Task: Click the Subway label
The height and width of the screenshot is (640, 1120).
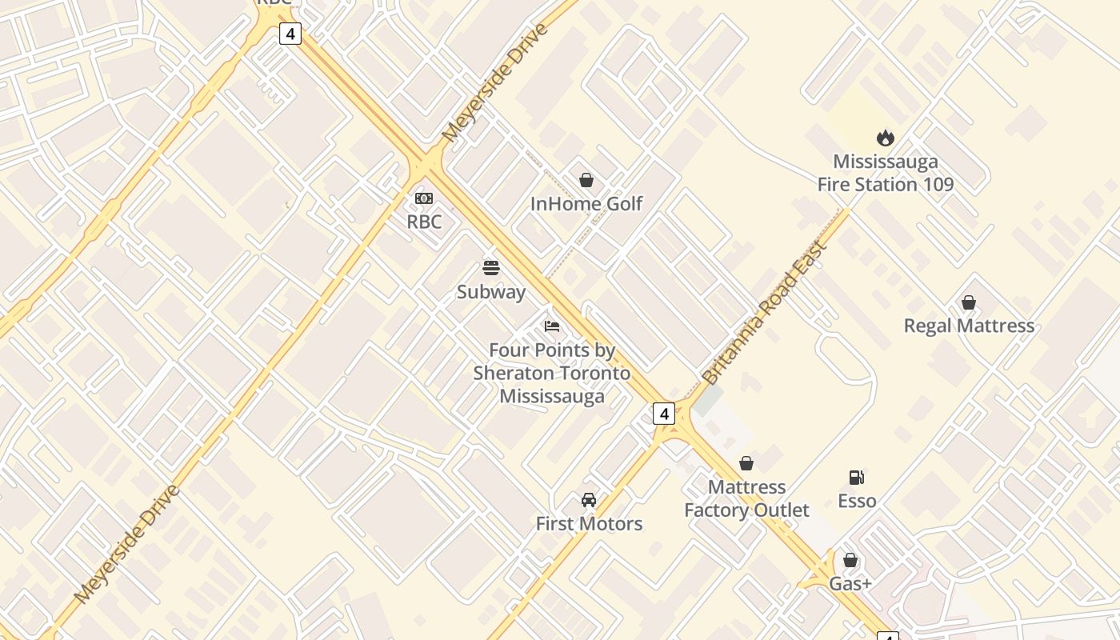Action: [491, 292]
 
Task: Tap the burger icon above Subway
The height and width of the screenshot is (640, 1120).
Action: [491, 267]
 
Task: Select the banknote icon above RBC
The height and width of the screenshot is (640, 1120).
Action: [424, 198]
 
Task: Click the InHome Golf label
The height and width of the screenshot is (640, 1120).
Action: [586, 204]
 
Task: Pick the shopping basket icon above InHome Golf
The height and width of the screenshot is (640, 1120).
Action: [586, 180]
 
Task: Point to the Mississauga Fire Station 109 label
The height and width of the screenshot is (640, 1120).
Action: [886, 174]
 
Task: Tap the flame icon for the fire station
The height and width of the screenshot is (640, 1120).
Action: [885, 138]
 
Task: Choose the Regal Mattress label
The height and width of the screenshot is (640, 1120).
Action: [969, 326]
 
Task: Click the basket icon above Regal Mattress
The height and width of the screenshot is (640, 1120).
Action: [969, 302]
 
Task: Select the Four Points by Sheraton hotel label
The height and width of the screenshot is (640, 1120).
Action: [552, 373]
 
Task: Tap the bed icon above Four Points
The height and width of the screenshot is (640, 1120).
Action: [552, 326]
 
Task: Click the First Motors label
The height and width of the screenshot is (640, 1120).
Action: [589, 524]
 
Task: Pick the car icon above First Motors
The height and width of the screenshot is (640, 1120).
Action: [589, 500]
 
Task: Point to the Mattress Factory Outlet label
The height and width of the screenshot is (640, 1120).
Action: [746, 498]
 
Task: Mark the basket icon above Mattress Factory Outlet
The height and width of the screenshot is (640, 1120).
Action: [746, 463]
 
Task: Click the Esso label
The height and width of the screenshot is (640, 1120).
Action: [857, 502]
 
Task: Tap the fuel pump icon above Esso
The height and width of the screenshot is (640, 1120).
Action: [857, 478]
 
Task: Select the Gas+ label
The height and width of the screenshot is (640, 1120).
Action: [850, 584]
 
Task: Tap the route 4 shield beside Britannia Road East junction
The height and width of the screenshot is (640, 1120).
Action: [663, 414]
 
